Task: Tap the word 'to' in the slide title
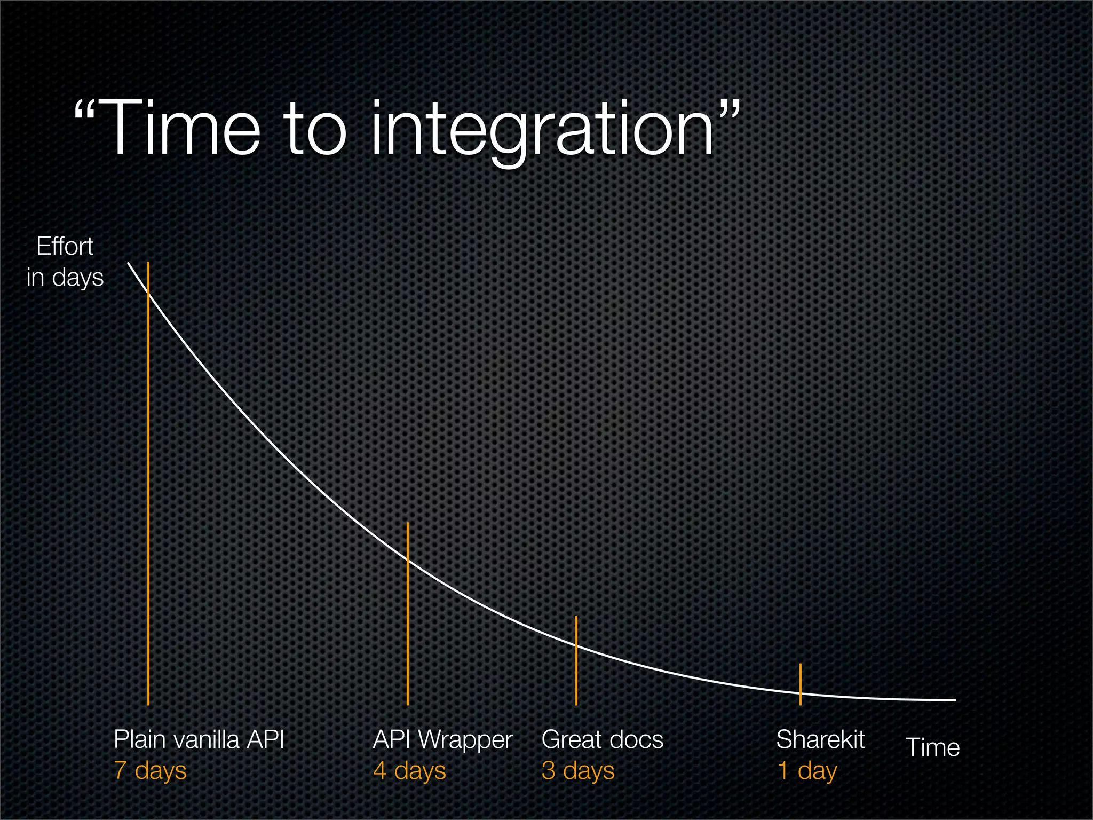point(315,130)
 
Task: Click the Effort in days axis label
point(65,262)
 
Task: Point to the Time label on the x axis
point(932,747)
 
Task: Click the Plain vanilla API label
point(199,739)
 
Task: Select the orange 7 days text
point(151,770)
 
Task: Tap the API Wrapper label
point(442,740)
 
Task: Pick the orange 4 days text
point(409,770)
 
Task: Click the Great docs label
point(602,739)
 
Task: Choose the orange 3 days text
point(578,770)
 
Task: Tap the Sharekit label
point(820,739)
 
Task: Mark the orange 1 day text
point(807,770)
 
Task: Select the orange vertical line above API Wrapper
point(408,630)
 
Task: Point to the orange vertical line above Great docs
point(576,673)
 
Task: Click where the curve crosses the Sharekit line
point(801,693)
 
